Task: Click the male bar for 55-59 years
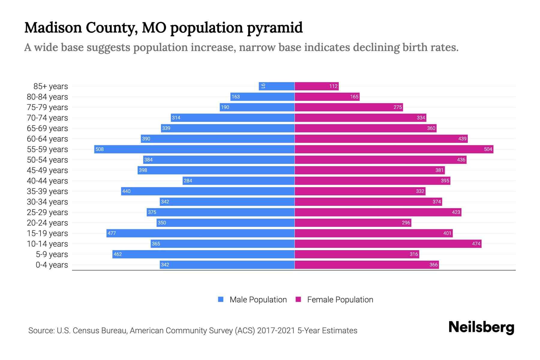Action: pos(194,149)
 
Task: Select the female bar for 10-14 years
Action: pos(388,244)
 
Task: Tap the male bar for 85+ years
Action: pos(277,86)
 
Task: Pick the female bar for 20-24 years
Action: pos(353,223)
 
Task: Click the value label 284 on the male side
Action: pos(188,181)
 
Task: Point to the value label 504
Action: pos(488,149)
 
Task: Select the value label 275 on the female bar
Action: pos(397,107)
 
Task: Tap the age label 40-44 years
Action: pos(47,181)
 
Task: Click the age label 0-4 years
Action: pos(52,265)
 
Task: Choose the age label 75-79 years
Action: pos(47,107)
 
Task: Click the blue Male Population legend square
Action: pos(221,299)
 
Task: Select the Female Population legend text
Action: pos(340,299)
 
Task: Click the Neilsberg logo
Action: pos(481,327)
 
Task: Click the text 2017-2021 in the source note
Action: pos(276,331)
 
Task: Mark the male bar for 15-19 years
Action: pos(200,233)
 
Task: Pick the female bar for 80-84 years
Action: pos(327,97)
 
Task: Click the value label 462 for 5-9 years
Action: pos(118,254)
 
